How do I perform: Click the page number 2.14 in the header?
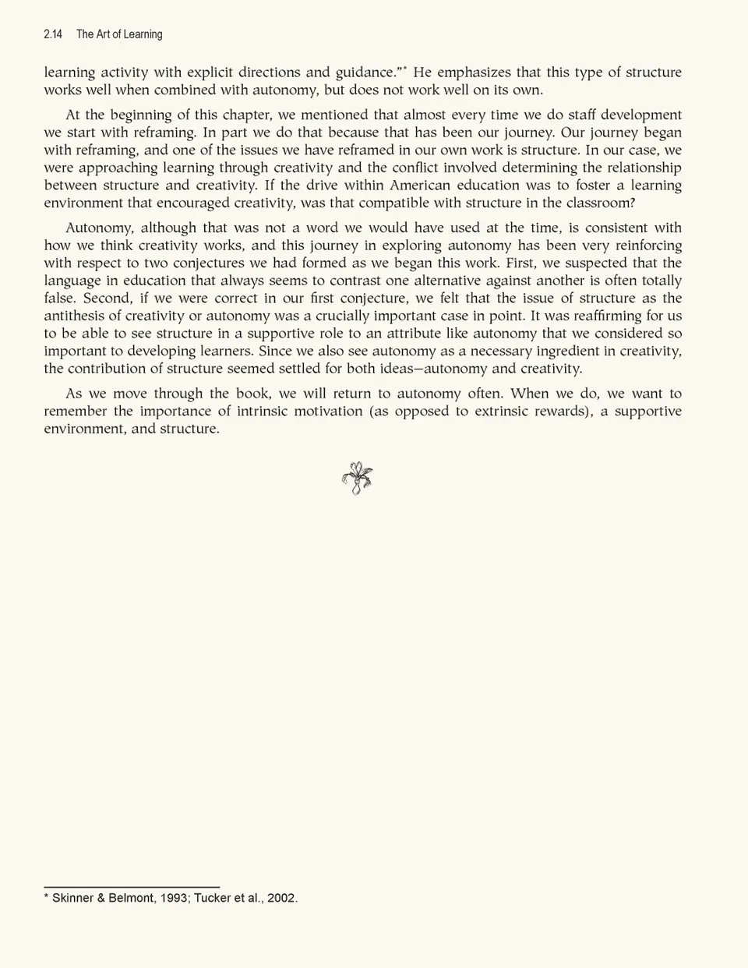coord(53,34)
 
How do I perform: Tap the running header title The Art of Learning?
coord(119,34)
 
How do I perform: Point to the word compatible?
coord(385,203)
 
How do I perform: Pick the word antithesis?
coord(77,316)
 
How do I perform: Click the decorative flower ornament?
coord(358,479)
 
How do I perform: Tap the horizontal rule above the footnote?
coord(132,887)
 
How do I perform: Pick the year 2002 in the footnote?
coord(281,898)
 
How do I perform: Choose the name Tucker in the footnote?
coord(212,898)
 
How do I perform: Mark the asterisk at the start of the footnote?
coord(47,897)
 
